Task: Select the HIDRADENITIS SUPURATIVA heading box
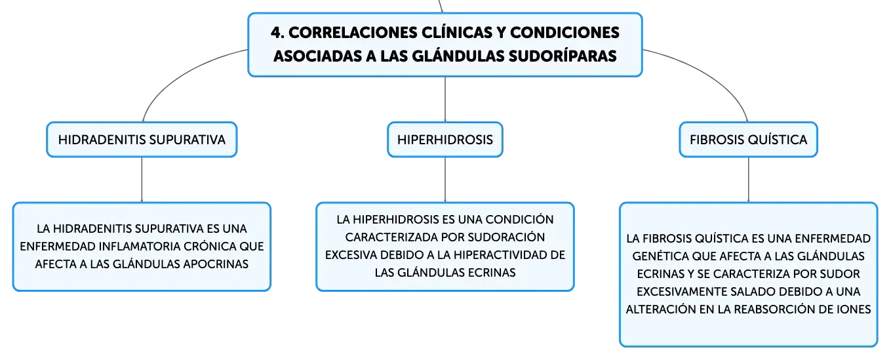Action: coord(142,140)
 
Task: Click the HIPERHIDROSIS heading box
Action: coord(445,140)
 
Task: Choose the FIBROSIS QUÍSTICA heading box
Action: coord(748,140)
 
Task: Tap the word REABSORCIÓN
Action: coord(783,309)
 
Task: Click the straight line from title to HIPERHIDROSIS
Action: coord(445,100)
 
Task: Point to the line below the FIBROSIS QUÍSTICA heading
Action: coord(748,180)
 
